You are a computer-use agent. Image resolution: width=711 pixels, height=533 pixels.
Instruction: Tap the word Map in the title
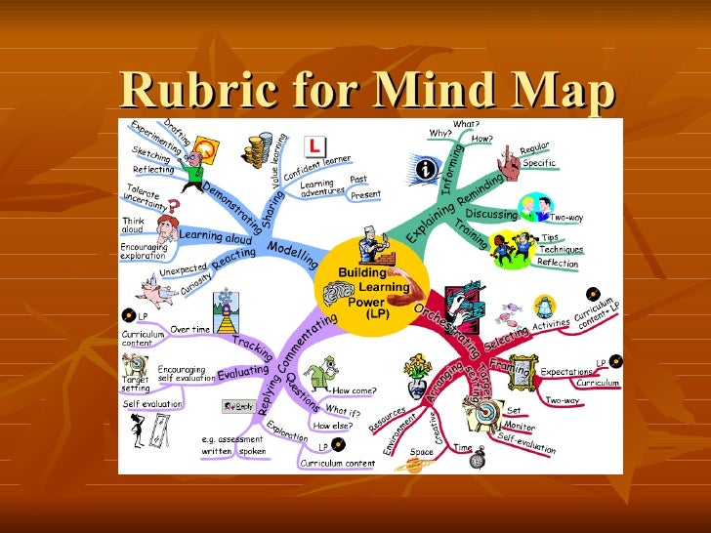(565, 91)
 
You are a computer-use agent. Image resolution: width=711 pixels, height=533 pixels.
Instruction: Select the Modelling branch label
(292, 254)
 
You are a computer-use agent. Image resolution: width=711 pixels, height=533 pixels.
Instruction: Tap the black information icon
(426, 169)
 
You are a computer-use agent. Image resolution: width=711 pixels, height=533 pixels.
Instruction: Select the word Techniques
(562, 250)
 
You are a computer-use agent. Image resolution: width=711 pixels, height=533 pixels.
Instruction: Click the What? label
(466, 125)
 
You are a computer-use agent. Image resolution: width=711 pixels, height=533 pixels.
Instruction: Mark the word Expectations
(565, 372)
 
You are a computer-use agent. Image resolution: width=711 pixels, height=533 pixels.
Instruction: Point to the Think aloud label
(134, 225)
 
